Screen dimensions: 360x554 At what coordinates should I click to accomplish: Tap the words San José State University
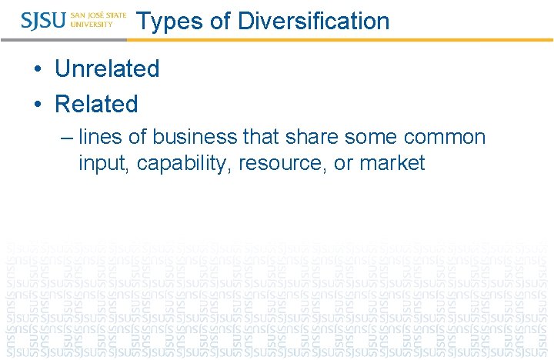(98, 20)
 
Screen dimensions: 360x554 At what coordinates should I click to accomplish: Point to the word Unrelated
(107, 68)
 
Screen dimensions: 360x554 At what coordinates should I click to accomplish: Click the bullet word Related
(96, 104)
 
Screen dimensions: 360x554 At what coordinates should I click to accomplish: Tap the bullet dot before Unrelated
(38, 69)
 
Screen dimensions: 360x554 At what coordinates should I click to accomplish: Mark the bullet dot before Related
(38, 105)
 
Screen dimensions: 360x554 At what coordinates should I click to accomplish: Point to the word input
(105, 163)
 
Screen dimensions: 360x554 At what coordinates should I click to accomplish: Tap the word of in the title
(219, 21)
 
